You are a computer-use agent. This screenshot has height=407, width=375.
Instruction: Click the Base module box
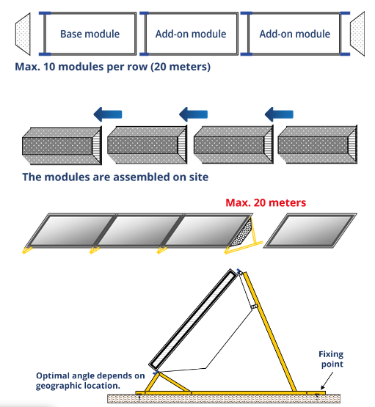coord(90,34)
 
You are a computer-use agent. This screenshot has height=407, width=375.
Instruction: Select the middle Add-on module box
coord(191,34)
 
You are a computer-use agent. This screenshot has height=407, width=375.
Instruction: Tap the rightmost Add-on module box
coord(295,34)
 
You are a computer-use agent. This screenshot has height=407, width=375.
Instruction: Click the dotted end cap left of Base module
coord(23,34)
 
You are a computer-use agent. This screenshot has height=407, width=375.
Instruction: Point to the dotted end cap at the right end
coord(357,34)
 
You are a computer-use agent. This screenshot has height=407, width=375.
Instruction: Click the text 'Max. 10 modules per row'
coord(81,67)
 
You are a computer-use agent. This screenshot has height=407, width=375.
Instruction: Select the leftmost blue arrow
coord(108,114)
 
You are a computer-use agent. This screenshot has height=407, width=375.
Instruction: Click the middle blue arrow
coord(193,114)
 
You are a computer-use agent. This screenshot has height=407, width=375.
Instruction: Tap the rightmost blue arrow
coord(279,114)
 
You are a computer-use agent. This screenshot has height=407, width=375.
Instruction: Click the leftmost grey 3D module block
coord(62,146)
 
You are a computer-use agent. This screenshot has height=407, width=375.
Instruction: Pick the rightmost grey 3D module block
coord(317,144)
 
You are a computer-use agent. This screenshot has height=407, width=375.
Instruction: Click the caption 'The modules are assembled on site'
coord(115,177)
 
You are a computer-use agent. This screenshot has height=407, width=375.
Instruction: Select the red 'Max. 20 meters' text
coord(266,202)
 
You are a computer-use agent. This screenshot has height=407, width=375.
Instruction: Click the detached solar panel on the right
coord(310,231)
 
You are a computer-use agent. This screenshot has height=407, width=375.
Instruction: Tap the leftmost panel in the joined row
coord(71,230)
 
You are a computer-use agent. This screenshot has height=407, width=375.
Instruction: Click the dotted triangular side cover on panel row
coord(242,233)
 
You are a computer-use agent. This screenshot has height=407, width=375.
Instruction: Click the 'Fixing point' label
coord(332,359)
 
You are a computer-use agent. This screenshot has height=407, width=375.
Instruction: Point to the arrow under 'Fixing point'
coord(327,381)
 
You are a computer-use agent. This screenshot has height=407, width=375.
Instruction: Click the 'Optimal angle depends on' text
coord(90,375)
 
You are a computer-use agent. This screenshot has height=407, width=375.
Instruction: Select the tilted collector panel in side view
coord(194,319)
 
